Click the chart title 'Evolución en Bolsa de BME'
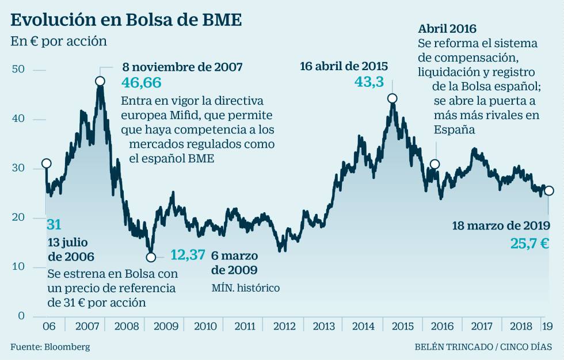126,20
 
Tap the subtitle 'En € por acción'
59,42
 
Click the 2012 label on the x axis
284,327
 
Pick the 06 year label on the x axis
49,327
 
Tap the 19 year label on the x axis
548,327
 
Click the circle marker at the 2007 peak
100,81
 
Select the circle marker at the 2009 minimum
151,257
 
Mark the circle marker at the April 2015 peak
392,98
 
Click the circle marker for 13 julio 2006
46,164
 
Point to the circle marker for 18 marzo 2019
549,191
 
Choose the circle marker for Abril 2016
435,164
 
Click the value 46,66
142,83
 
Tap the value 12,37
188,254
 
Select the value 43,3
369,82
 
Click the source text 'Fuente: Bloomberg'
50,347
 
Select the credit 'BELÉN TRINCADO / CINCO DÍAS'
483,347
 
